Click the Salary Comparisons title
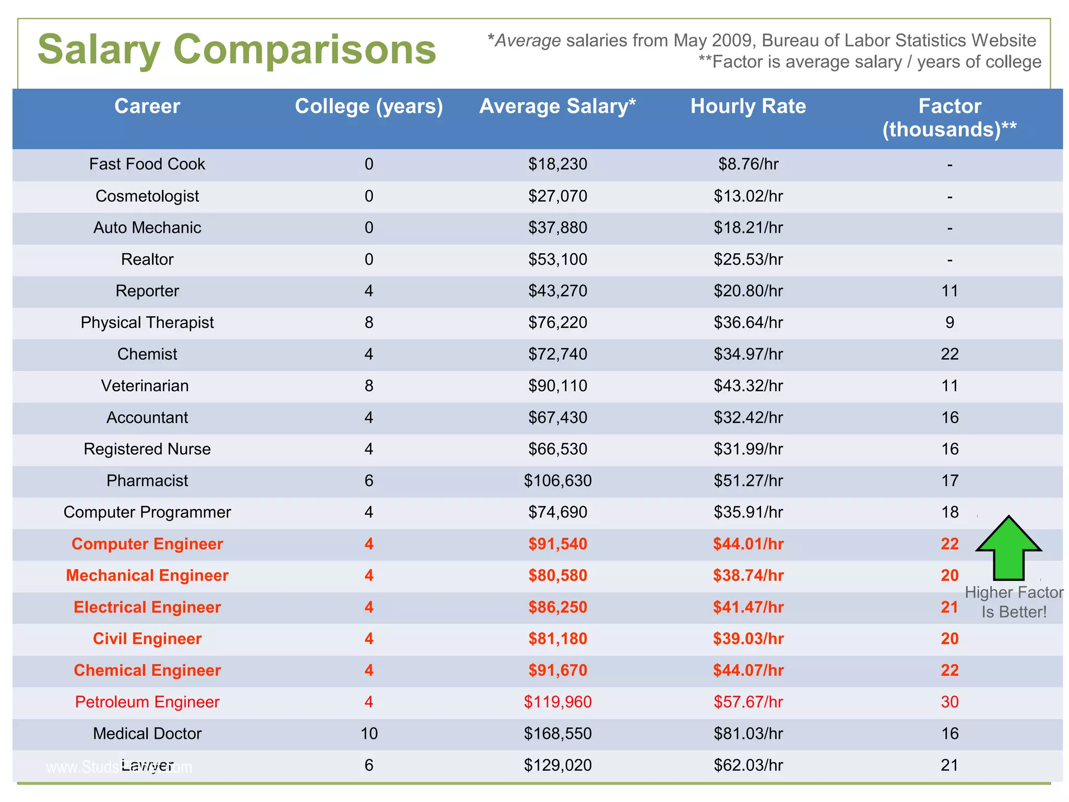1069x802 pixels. (236, 50)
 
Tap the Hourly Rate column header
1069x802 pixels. (748, 107)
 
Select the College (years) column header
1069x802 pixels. (369, 107)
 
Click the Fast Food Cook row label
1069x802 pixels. (147, 164)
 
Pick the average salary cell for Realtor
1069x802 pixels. (557, 260)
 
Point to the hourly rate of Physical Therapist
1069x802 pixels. (748, 323)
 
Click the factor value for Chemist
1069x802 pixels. (949, 355)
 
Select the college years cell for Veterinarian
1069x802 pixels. (369, 386)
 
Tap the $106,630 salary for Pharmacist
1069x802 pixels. (557, 481)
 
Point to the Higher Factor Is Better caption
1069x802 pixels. (1014, 602)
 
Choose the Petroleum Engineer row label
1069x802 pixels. (147, 702)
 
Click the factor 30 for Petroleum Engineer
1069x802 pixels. (949, 702)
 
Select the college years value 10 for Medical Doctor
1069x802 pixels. (369, 734)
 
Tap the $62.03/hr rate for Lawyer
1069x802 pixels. (748, 765)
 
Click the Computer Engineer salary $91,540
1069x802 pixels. (557, 544)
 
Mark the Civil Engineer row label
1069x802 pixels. (147, 639)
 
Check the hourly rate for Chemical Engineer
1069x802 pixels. (748, 670)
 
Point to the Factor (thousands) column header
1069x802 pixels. (949, 118)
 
